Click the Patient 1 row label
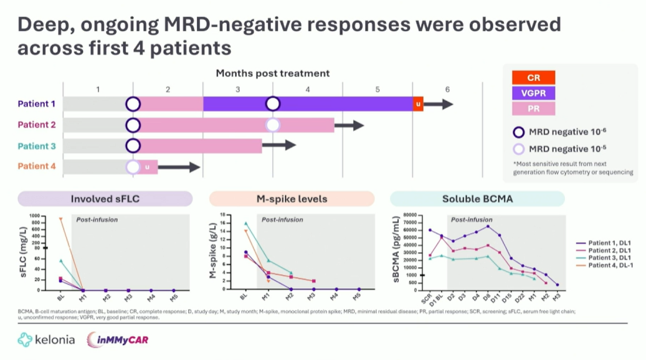[x=36, y=104]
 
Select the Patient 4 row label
[x=36, y=166]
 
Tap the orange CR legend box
[x=533, y=78]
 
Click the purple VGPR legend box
[x=533, y=93]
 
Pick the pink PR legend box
[x=533, y=109]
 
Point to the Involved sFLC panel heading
[x=105, y=199]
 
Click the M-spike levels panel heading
[x=292, y=199]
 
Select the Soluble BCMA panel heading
[x=477, y=199]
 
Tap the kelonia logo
[x=47, y=339]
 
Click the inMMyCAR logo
[x=118, y=339]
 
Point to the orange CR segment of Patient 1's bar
[x=419, y=104]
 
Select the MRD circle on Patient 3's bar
[x=133, y=146]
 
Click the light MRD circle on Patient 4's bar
[x=133, y=167]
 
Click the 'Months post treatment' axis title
[x=273, y=73]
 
